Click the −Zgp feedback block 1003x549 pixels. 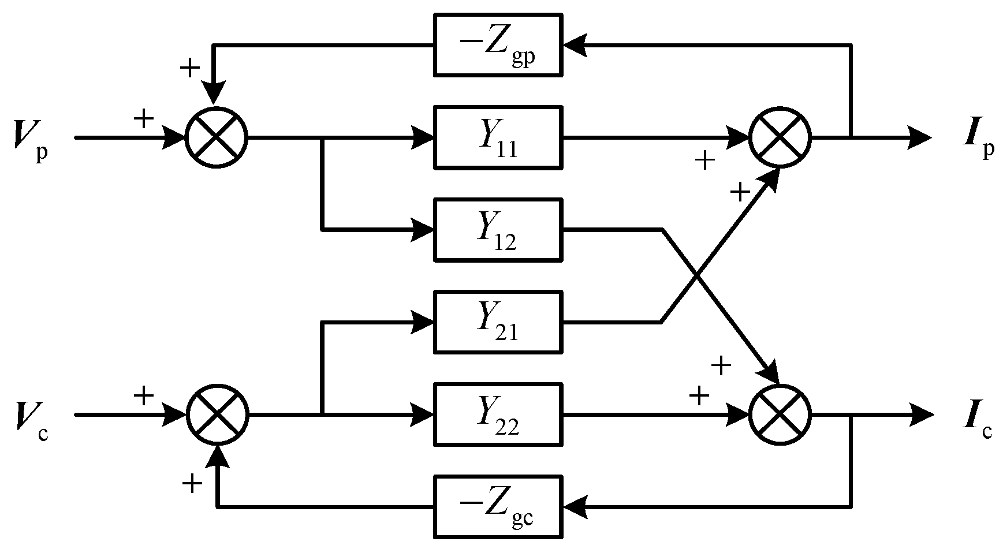[x=498, y=44]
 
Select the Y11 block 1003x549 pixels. [x=498, y=137]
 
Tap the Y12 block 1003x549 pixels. [x=498, y=229]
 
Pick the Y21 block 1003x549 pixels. [x=498, y=322]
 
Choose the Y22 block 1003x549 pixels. [x=498, y=414]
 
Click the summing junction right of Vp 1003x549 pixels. [x=216, y=137]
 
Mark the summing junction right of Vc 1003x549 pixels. [x=216, y=414]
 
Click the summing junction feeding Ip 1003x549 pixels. [x=780, y=137]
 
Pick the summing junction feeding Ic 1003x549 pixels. [x=780, y=414]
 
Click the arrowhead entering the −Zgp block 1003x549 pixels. [x=575, y=44]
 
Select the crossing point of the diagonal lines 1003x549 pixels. [x=698, y=276]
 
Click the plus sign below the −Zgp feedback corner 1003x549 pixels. [x=189, y=68]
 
